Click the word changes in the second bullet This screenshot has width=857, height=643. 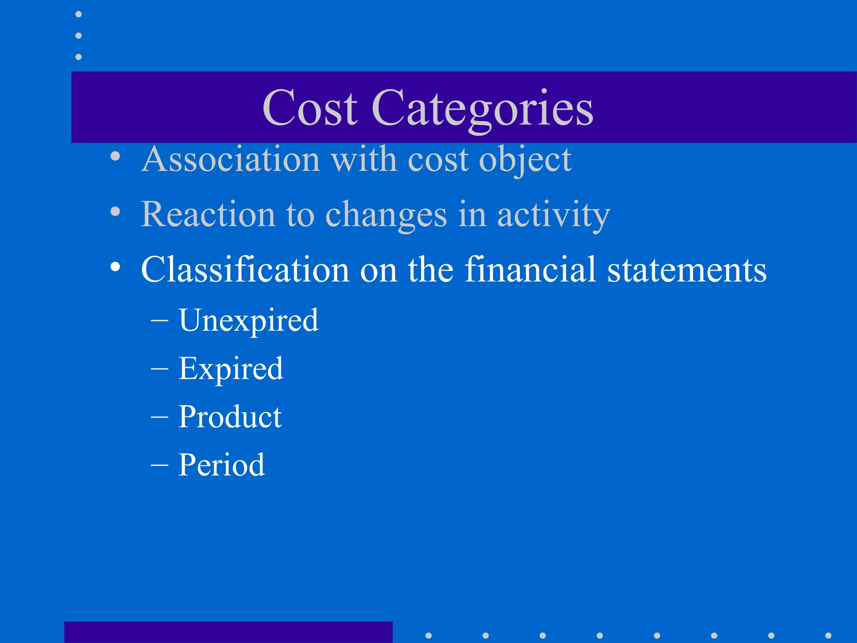[x=386, y=215]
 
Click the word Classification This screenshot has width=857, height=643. [x=245, y=270]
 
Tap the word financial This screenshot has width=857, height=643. [x=530, y=270]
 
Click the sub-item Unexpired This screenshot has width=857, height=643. [x=249, y=321]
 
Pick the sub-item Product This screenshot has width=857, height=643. [x=230, y=417]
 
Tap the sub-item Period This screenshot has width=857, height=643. [x=222, y=465]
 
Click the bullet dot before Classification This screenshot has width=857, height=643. [x=115, y=267]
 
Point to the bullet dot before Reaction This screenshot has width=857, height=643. [x=115, y=212]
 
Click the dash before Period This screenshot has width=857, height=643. [x=159, y=465]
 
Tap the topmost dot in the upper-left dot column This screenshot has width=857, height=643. [x=78, y=14]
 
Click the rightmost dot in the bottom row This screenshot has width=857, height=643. [x=828, y=635]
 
